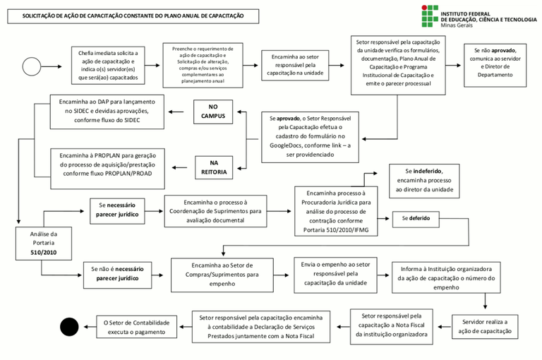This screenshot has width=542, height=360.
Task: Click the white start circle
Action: pos(32,66)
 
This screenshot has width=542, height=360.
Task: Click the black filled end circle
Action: pos(69,327)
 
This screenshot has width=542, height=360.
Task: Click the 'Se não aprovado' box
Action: pos(494,64)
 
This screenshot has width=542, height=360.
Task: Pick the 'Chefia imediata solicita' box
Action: pos(108,65)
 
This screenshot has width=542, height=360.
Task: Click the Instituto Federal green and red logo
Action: pos(429,16)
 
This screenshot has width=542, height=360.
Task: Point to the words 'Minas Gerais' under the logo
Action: pos(457,25)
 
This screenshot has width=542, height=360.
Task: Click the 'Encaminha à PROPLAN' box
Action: pos(106,164)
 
